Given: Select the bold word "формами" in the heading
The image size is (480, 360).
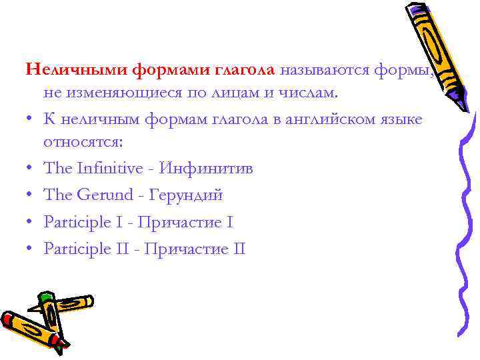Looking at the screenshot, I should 171,69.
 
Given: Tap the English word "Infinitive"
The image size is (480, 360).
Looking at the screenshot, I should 107,168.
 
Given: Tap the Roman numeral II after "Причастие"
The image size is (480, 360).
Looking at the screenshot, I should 239,249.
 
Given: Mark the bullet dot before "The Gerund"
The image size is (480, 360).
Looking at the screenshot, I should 31,196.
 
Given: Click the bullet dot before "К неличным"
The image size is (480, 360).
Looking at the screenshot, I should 31,119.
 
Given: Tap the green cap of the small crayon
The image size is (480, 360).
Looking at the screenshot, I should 45,298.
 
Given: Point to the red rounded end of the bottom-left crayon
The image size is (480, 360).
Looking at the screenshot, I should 8,321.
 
